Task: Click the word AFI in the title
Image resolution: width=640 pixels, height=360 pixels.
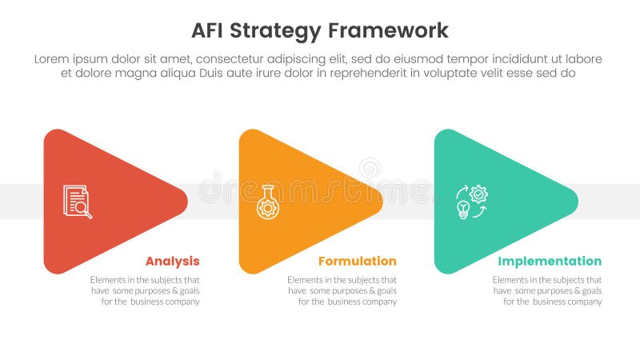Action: pos(210,30)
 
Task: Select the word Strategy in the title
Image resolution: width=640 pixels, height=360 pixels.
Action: pos(277,30)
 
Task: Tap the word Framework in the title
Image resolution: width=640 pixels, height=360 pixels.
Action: pos(388,30)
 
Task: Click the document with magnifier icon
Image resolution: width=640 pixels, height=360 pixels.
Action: pos(78,202)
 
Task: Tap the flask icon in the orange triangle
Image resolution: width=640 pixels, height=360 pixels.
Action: pos(267,202)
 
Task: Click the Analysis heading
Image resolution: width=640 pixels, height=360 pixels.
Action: pos(172,262)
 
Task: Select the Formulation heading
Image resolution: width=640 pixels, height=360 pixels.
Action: pos(357,262)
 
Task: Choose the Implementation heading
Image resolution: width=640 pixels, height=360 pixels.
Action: pos(550,262)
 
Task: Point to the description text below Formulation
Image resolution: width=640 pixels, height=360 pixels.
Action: pos(342,290)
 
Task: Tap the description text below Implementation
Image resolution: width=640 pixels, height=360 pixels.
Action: pos(547,290)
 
